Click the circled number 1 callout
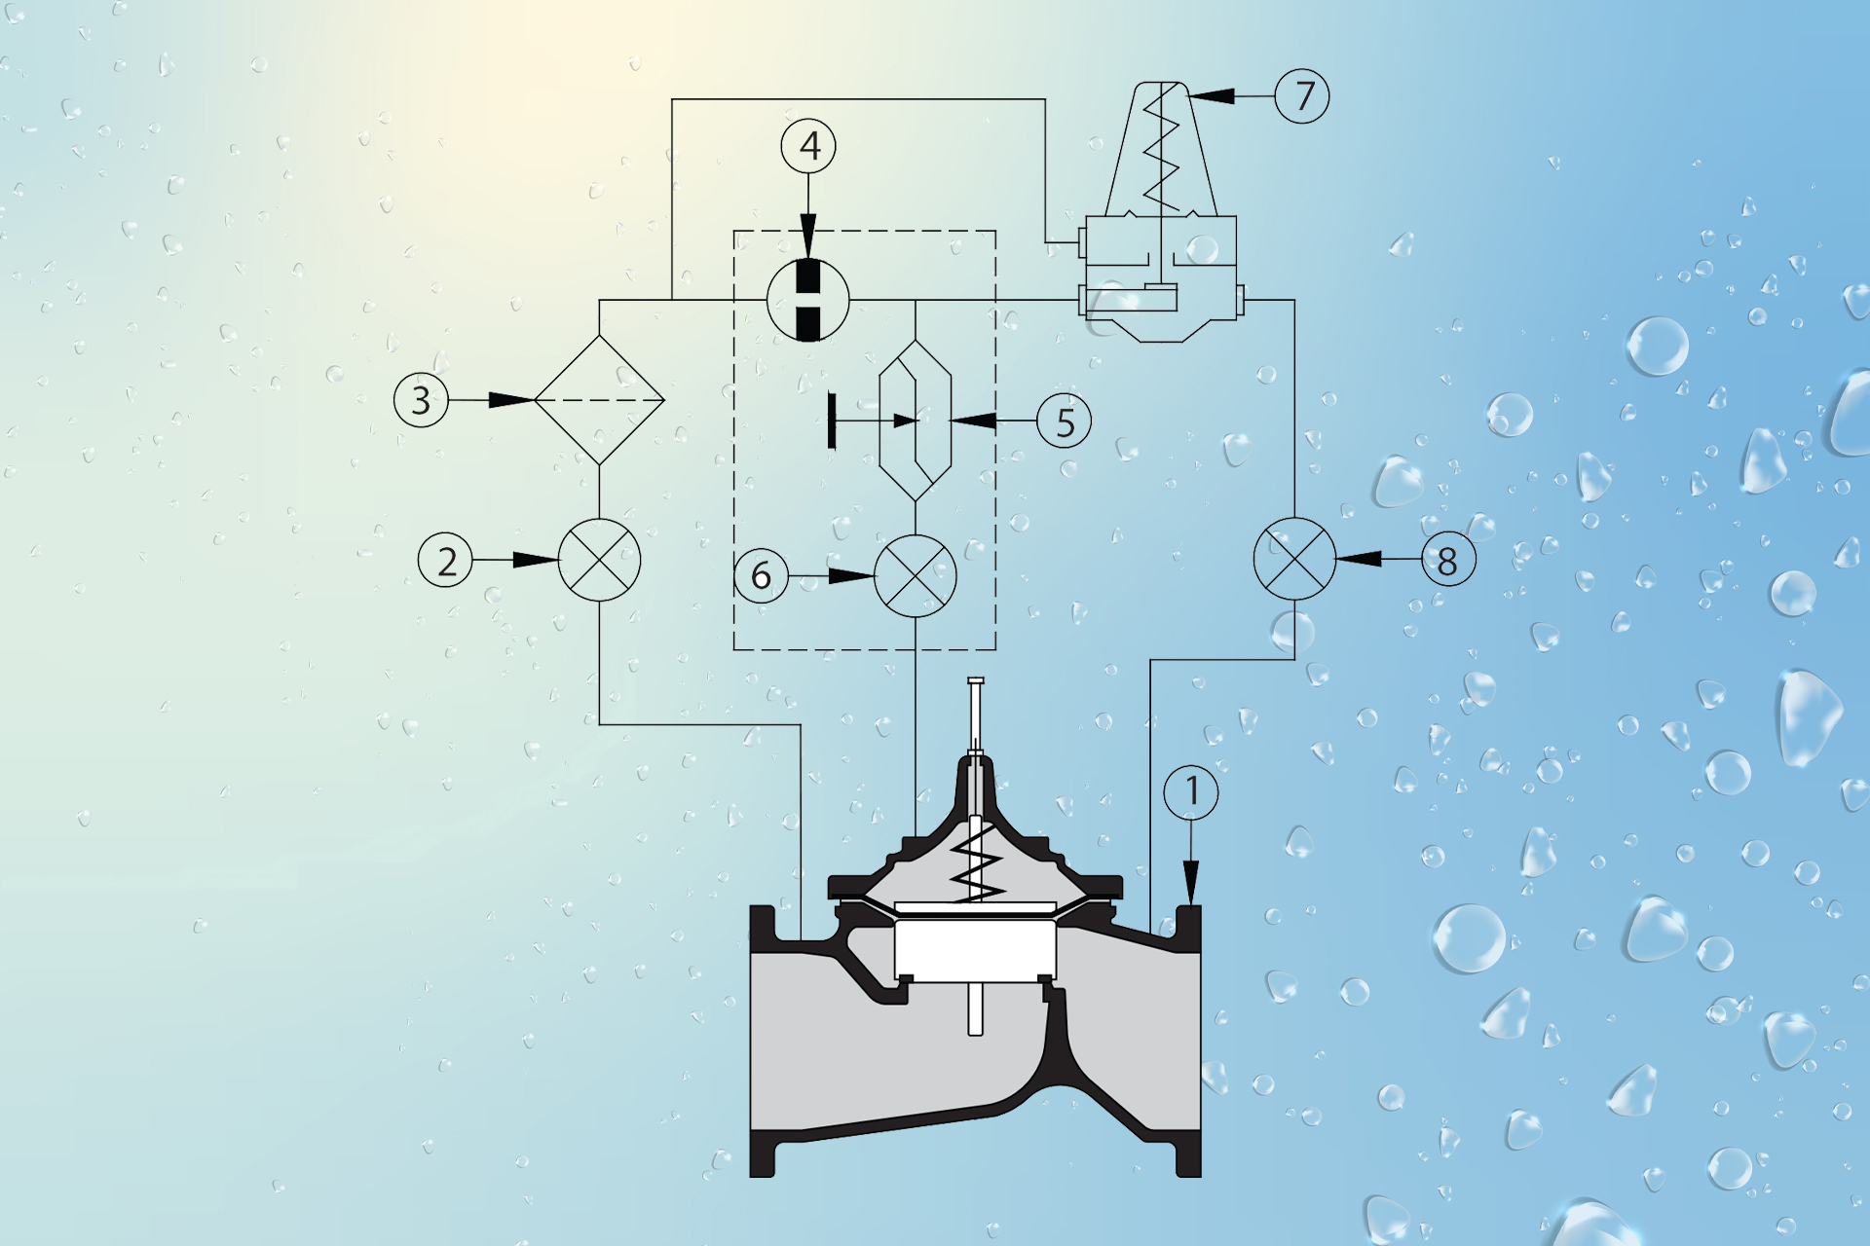click(1191, 792)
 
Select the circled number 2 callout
click(446, 561)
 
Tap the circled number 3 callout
click(421, 400)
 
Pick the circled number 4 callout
click(808, 146)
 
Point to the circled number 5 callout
click(1064, 421)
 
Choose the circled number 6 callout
click(761, 575)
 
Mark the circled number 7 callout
click(1302, 95)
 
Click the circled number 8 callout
click(1448, 560)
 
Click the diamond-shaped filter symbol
click(599, 400)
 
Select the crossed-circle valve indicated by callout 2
click(599, 560)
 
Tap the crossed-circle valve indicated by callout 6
click(916, 576)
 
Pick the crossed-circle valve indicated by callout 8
click(1294, 560)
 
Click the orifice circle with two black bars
click(808, 300)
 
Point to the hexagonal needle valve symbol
click(916, 421)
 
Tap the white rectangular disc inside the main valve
click(975, 951)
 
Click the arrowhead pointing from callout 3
click(512, 400)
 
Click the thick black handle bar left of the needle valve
click(831, 421)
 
